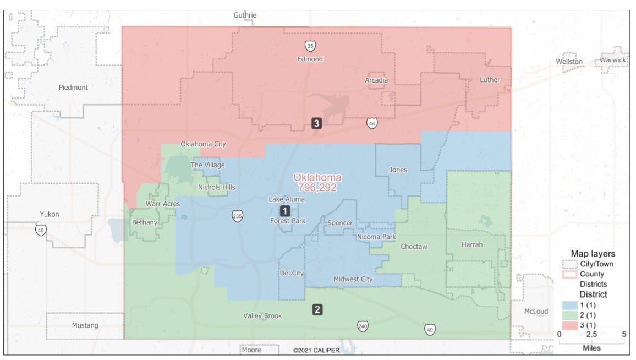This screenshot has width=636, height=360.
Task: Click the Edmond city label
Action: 310,59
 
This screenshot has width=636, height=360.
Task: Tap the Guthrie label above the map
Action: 245,15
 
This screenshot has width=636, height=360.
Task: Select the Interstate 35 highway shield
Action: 310,46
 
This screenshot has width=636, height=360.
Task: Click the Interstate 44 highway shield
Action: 372,123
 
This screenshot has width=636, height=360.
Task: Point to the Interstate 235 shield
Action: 237,215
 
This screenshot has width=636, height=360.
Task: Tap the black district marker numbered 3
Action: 316,123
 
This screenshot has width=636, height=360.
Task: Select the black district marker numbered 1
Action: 285,210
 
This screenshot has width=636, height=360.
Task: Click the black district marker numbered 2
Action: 317,309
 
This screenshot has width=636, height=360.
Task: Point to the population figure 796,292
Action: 317,188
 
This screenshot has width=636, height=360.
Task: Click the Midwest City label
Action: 353,279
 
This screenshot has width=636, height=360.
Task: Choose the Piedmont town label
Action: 73,87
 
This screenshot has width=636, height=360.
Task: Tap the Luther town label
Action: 490,80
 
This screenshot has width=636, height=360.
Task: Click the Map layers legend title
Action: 593,254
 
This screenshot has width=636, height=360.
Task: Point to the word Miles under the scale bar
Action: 591,348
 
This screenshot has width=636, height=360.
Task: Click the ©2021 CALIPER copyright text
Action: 316,350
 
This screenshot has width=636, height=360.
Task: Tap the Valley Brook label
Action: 262,316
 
